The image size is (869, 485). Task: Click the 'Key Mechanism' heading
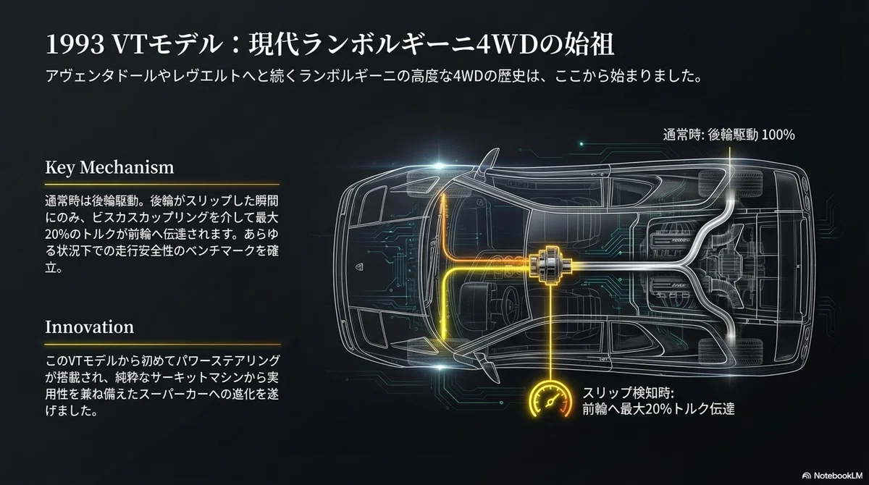[x=109, y=167]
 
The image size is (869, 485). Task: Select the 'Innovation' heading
[x=89, y=326]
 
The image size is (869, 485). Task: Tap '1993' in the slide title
[x=75, y=45]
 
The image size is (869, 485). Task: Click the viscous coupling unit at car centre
[x=550, y=265]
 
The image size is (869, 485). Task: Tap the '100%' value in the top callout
[x=778, y=135]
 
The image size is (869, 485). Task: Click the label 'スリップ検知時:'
[x=628, y=393]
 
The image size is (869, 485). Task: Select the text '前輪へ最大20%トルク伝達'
[x=658, y=410]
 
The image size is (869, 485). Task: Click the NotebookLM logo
[x=832, y=476]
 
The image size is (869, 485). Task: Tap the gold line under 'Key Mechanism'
[x=162, y=185]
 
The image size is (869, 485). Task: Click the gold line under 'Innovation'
[x=162, y=345]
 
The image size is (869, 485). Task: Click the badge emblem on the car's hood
[x=360, y=266]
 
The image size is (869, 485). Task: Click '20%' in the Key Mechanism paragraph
[x=57, y=235]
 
